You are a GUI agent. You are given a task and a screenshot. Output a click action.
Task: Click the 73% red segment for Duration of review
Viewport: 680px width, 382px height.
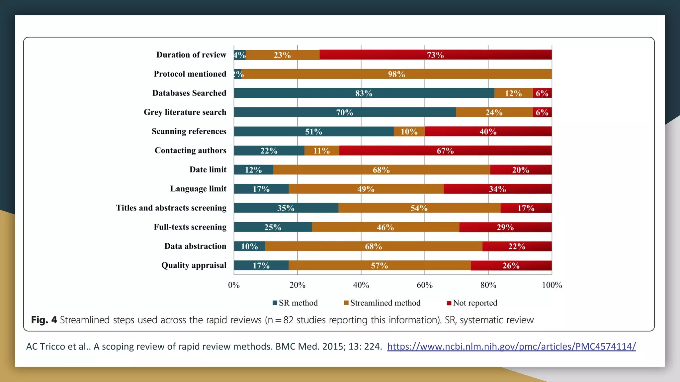coord(435,55)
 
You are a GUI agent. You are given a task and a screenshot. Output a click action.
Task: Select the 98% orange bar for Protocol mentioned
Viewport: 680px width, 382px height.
coord(397,74)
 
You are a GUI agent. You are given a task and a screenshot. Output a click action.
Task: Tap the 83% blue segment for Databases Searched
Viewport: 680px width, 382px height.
coord(364,93)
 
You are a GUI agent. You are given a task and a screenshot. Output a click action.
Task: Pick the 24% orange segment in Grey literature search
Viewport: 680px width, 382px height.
coord(494,112)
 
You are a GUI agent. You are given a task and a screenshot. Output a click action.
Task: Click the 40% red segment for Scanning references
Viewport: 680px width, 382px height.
coord(488,132)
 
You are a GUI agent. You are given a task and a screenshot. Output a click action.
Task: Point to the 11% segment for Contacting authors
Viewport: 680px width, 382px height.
coord(321,151)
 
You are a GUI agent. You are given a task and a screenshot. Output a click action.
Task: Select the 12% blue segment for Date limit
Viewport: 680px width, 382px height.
coord(253,170)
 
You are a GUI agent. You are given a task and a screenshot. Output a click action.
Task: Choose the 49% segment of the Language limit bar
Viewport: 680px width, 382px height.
coord(366,189)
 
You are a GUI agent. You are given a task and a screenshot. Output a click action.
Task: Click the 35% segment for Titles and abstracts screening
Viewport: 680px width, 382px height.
coord(286,208)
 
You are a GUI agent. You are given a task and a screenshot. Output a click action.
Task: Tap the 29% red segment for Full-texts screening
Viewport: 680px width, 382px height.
coord(505,227)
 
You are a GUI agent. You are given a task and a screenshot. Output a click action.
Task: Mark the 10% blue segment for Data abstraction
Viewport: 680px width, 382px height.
coord(249,246)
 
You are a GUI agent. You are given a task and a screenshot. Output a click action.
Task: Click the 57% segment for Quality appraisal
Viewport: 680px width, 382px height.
coord(379,266)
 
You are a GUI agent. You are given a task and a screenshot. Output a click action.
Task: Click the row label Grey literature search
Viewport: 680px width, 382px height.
coord(185,112)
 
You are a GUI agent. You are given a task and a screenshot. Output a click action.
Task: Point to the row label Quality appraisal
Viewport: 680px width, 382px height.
coord(194,265)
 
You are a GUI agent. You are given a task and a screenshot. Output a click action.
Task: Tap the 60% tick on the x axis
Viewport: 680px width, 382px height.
coord(425,285)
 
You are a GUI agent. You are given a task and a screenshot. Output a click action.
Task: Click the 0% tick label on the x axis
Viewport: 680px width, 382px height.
coord(234,285)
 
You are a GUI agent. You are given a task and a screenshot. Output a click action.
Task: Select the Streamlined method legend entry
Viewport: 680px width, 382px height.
coord(382,303)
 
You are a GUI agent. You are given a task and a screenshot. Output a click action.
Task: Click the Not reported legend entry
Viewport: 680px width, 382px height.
coord(472,303)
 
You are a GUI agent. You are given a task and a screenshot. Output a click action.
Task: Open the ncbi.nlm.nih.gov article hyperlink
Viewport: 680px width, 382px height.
coord(511,347)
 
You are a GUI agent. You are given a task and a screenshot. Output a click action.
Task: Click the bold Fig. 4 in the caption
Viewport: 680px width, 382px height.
coord(44,320)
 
